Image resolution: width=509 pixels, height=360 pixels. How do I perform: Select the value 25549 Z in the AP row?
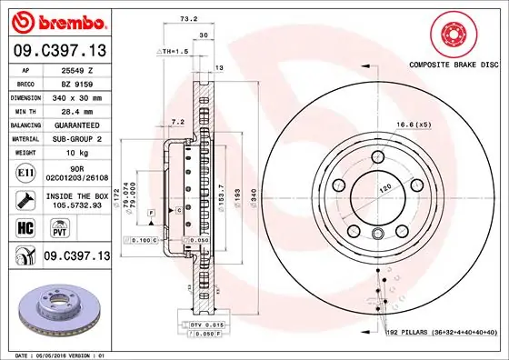point(78,69)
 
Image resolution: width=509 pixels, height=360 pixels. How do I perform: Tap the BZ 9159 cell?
point(78,82)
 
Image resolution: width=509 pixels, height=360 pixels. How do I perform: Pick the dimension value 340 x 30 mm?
point(78,95)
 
